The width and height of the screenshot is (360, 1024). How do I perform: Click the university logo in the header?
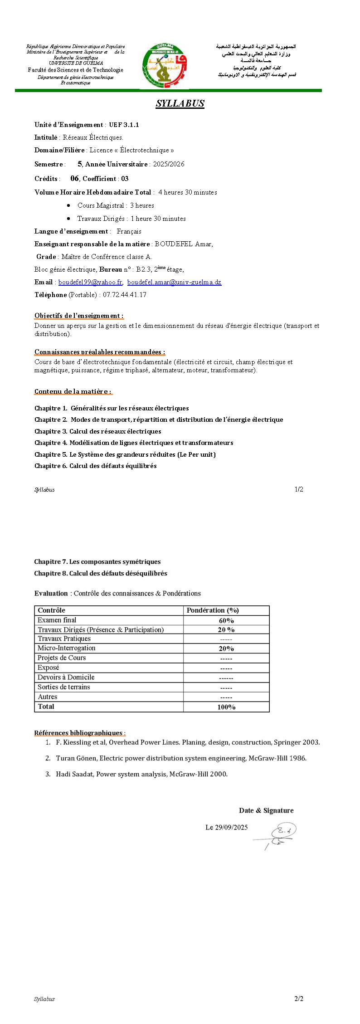[x=164, y=66]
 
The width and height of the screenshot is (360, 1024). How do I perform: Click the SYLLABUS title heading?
[x=180, y=103]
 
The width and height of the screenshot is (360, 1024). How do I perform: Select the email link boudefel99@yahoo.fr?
[x=90, y=282]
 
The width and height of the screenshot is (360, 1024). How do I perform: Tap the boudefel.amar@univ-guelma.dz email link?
[x=174, y=282]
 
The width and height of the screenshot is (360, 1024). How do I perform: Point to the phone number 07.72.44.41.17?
[x=125, y=295]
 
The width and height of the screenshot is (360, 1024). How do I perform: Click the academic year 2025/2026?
[x=169, y=164]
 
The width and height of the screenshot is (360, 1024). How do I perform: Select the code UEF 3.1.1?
[x=124, y=125]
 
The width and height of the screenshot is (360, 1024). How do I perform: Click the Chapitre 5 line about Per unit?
[x=125, y=454]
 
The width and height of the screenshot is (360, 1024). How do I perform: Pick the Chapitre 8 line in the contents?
[x=101, y=573]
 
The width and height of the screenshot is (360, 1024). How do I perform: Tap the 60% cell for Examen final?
[x=226, y=620]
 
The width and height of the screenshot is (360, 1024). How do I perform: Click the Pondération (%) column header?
[x=213, y=610]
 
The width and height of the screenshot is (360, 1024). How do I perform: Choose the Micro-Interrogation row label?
[x=67, y=648]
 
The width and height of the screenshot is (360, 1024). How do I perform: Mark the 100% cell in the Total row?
[x=226, y=707]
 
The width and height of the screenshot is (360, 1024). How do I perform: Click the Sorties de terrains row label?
[x=64, y=687]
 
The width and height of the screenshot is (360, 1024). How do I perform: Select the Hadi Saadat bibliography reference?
[x=141, y=774]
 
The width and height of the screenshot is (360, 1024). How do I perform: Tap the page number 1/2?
[x=299, y=489]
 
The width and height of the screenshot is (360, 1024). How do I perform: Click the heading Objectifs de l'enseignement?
[x=79, y=316]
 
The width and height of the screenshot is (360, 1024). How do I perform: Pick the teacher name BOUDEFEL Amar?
[x=184, y=244]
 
